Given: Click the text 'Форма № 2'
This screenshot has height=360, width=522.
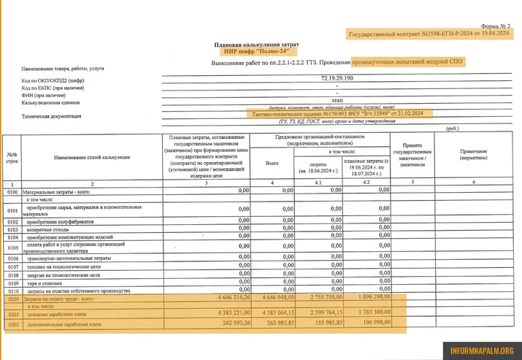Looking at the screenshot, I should (x=494, y=26).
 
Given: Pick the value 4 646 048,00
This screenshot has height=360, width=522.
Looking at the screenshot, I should (x=274, y=298).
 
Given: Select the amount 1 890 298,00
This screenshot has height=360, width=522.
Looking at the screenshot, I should (x=369, y=298).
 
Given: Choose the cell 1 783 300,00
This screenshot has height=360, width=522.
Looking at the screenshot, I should (x=369, y=313).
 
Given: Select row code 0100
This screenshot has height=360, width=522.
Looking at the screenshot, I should (x=12, y=191).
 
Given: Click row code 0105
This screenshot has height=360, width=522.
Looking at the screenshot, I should (x=12, y=247).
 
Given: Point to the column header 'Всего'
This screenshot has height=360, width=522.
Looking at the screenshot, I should (x=272, y=162).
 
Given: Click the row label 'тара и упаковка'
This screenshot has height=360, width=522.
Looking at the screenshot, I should (x=46, y=283).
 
